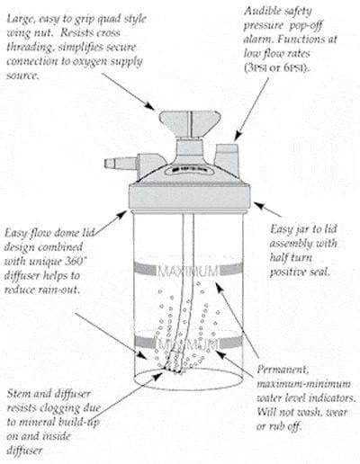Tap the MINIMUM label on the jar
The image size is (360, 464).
click(186, 344)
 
